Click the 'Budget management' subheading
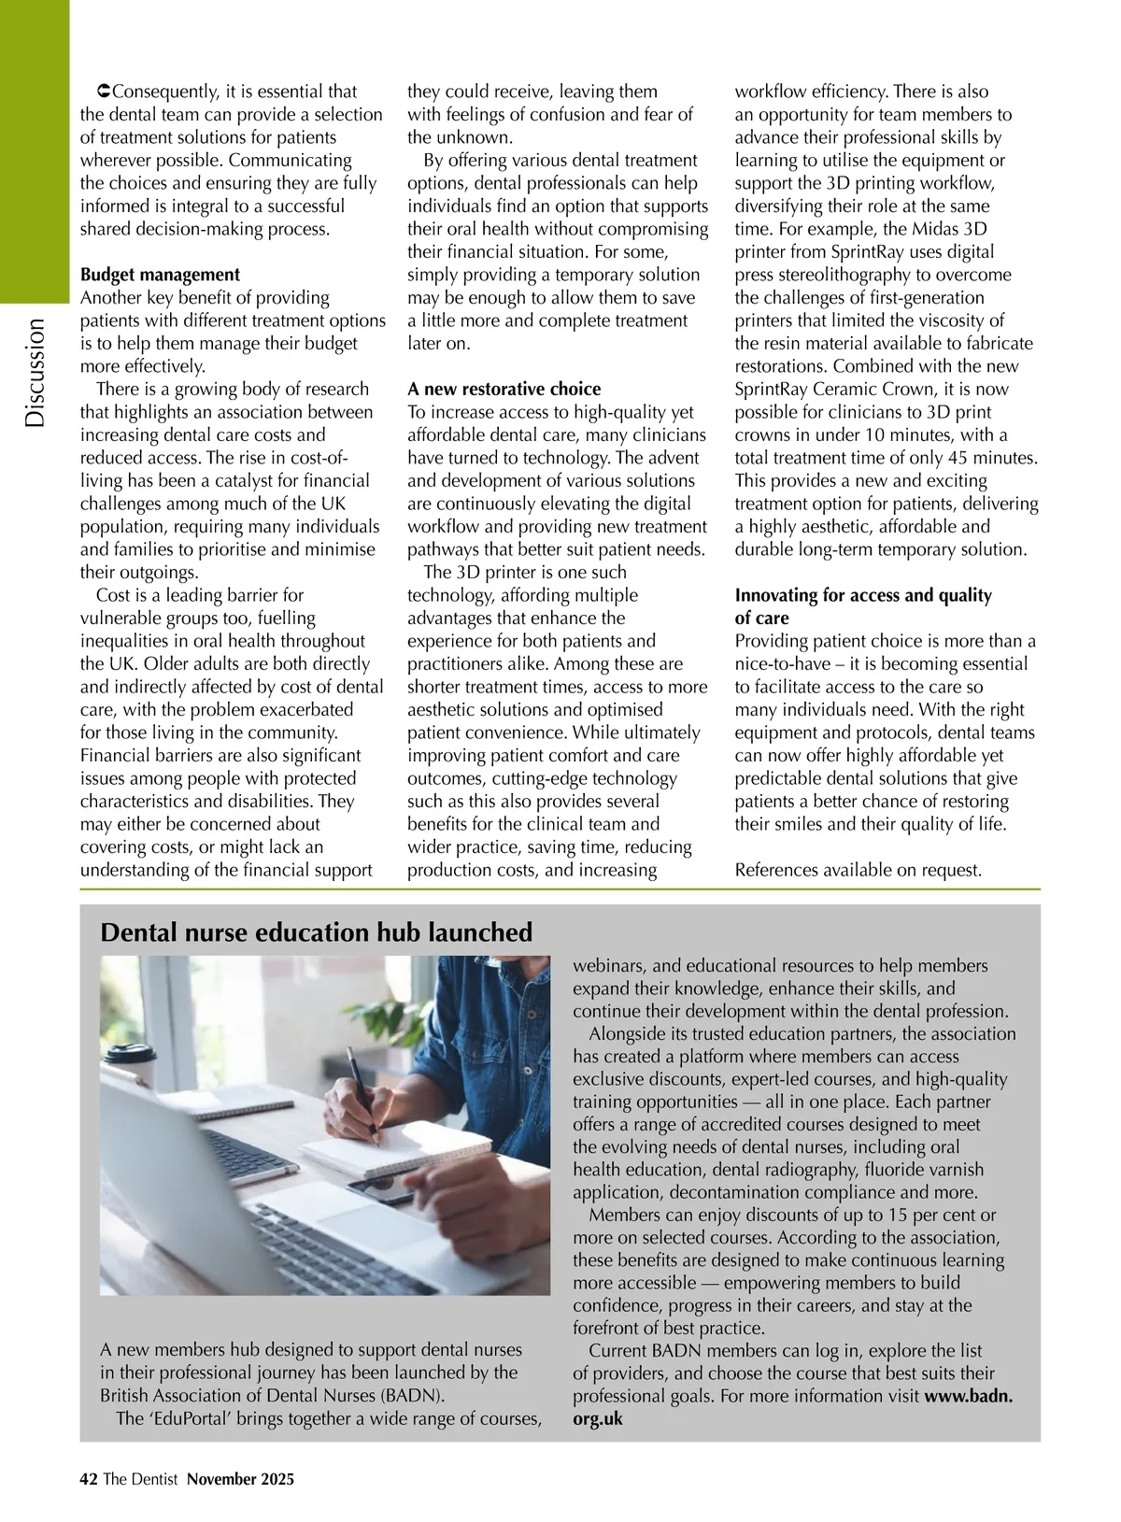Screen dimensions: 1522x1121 coord(160,275)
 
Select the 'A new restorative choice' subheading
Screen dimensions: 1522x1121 coord(504,389)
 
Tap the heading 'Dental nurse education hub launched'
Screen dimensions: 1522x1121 coord(316,932)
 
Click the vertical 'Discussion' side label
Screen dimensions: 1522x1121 coord(35,373)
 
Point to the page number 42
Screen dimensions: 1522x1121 coord(89,1479)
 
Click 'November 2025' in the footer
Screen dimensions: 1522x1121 coord(240,1479)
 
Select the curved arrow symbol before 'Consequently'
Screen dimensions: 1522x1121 coord(104,92)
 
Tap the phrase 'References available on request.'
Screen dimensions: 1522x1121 coord(858,870)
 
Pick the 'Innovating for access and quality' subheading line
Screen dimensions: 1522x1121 coord(863,595)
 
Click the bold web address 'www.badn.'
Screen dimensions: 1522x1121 coord(969,1396)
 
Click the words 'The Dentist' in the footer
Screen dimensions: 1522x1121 coord(140,1479)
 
